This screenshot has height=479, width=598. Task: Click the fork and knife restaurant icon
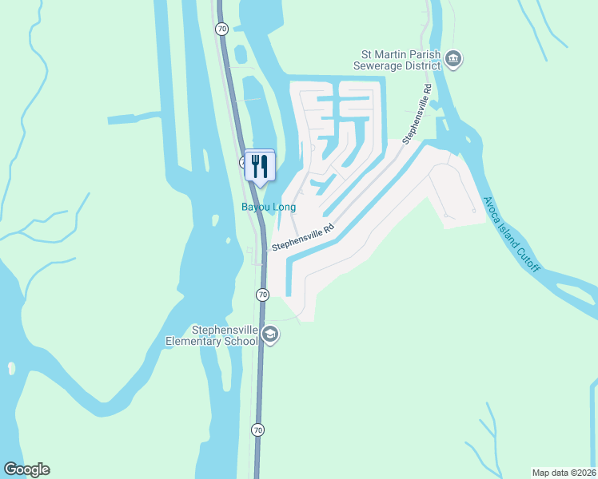tap(259, 166)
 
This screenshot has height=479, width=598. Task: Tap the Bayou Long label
tap(269, 208)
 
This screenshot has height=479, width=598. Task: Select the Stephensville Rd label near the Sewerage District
tap(418, 115)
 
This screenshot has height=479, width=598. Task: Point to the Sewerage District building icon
tap(454, 60)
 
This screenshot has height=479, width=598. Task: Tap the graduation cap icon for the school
tap(270, 335)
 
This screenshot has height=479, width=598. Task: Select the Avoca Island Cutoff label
tap(512, 234)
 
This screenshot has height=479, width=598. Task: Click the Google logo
tap(26, 469)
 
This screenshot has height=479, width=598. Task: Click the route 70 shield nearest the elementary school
tap(262, 295)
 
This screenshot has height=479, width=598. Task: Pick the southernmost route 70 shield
tap(257, 430)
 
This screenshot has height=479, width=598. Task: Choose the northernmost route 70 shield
tap(221, 28)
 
